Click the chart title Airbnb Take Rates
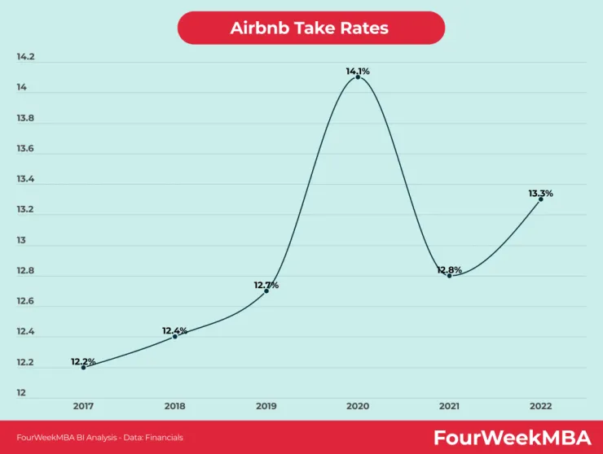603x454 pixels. [x=310, y=28]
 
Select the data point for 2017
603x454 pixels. [x=83, y=368]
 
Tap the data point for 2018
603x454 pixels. [x=175, y=337]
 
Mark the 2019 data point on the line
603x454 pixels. [x=266, y=290]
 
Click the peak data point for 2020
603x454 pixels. [x=358, y=77]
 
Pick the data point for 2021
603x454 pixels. [x=450, y=276]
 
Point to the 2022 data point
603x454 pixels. [x=541, y=199]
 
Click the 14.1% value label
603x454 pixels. [x=358, y=71]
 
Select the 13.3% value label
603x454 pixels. [x=541, y=193]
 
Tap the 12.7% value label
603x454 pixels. [x=266, y=285]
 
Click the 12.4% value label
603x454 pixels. [x=174, y=330]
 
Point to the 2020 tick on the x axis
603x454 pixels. [x=358, y=406]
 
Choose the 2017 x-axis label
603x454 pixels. [x=83, y=406]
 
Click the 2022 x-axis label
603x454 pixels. [x=541, y=406]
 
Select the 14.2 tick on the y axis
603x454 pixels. [x=25, y=57]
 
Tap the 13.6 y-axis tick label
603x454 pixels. [x=25, y=148]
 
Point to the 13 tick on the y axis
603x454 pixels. [x=21, y=240]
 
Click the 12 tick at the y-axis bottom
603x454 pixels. [x=21, y=392]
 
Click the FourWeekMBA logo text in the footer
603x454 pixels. [x=513, y=438]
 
